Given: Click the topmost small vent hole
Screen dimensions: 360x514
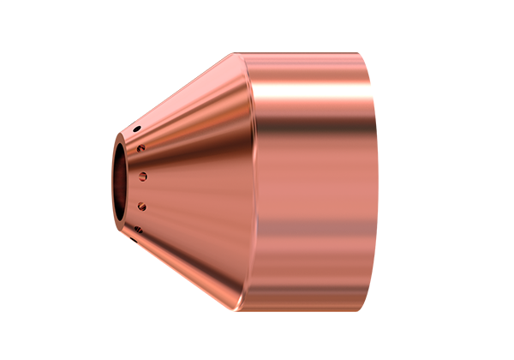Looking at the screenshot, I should [136, 129].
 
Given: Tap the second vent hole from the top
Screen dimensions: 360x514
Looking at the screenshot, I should [141, 148].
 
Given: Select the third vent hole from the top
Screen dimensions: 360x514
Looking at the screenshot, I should [143, 177].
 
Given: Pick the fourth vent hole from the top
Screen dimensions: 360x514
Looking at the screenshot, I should [142, 206].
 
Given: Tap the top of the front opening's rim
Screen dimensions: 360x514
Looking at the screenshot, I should [123, 134].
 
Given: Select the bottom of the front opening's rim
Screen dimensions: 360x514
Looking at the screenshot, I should [123, 228].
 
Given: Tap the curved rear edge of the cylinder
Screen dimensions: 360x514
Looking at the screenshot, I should [376, 180].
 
